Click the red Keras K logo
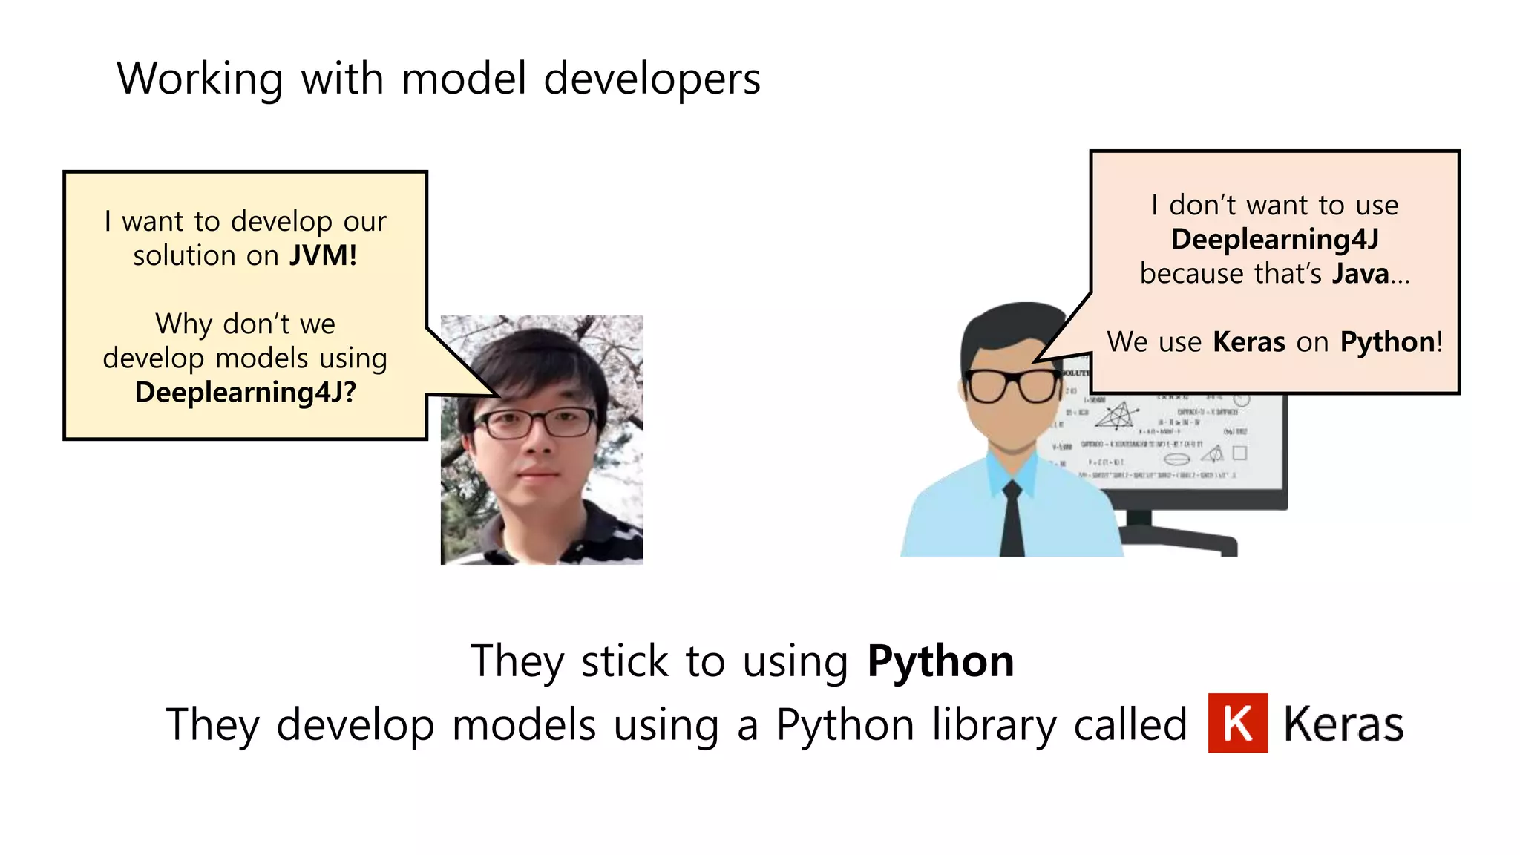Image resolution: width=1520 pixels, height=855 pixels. click(x=1237, y=723)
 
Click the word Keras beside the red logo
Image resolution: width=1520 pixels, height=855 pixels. click(x=1343, y=724)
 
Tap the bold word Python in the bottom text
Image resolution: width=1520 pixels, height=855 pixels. click(x=940, y=661)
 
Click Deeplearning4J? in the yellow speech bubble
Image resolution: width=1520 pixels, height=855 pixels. click(x=246, y=392)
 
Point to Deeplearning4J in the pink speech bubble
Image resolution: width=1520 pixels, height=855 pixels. click(x=1274, y=239)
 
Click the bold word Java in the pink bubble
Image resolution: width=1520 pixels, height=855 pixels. click(x=1360, y=273)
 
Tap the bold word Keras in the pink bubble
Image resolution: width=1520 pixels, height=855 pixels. click(x=1248, y=341)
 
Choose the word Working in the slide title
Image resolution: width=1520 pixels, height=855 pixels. click(x=200, y=79)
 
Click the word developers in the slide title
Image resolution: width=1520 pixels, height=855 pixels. click(x=652, y=79)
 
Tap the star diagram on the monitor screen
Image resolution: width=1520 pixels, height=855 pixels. click(x=1116, y=416)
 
